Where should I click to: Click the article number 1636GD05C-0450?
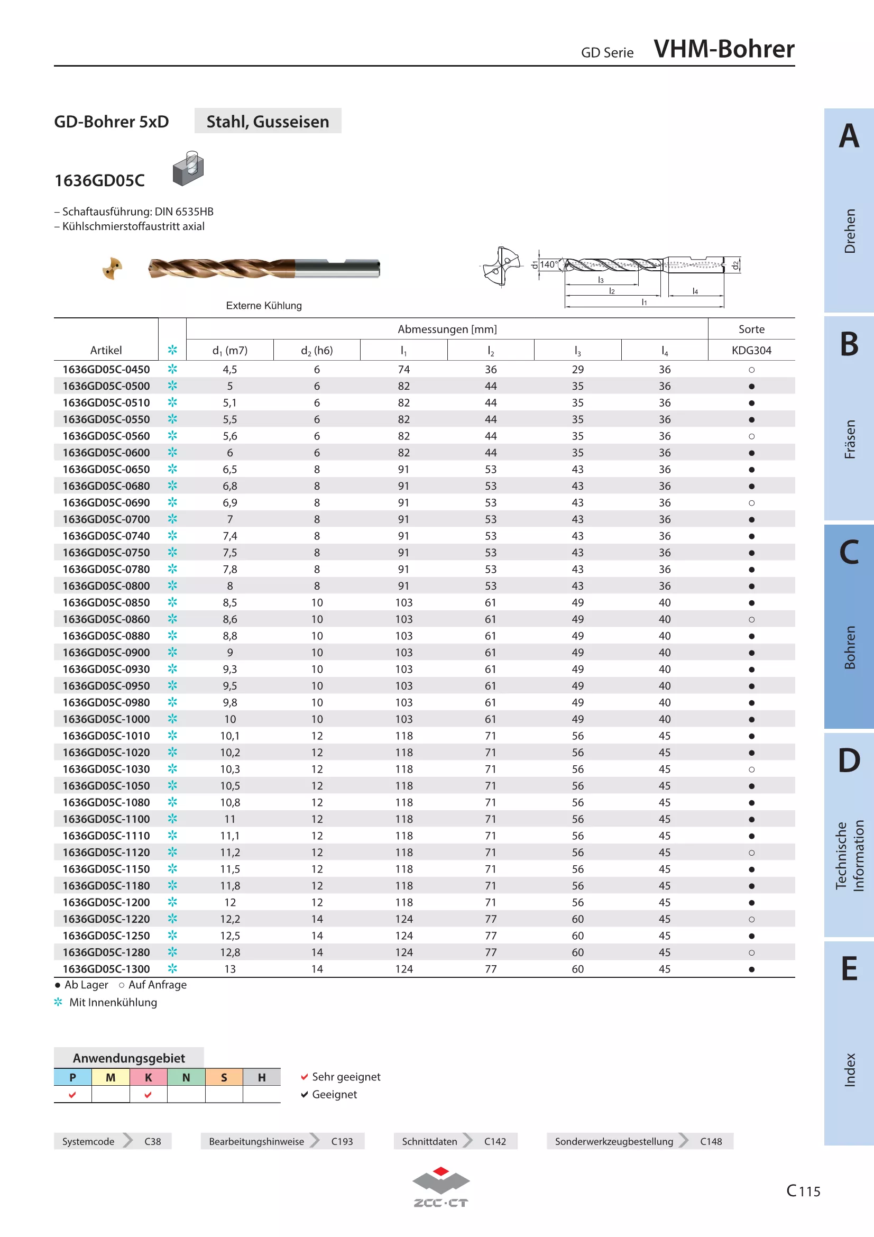(106, 370)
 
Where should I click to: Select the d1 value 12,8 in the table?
(230, 952)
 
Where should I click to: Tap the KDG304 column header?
(751, 350)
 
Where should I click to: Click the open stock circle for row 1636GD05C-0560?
(751, 436)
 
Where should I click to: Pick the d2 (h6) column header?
(317, 351)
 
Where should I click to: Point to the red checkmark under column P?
(72, 1095)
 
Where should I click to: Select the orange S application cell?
(224, 1077)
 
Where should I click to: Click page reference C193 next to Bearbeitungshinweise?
(342, 1142)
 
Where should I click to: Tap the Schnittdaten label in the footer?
(429, 1142)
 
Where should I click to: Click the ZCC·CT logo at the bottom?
(441, 1187)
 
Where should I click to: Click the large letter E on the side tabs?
(849, 969)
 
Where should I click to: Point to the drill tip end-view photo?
(113, 268)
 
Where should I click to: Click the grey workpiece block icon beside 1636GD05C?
(188, 169)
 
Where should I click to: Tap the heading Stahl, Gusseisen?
(268, 122)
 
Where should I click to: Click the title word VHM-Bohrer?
(724, 49)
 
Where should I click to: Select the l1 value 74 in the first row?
(404, 370)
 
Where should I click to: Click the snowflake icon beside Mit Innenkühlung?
(58, 1002)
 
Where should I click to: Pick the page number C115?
(803, 1190)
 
